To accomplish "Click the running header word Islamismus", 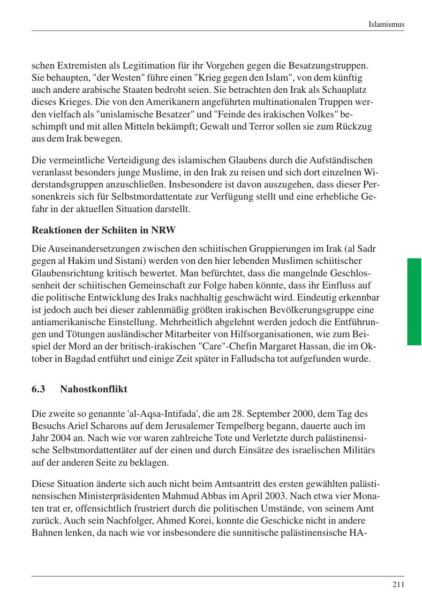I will (386, 24).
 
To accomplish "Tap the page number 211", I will (398, 584).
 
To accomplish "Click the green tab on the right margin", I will (414, 301).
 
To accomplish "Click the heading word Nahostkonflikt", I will (93, 389).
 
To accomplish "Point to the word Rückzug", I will (354, 127).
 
